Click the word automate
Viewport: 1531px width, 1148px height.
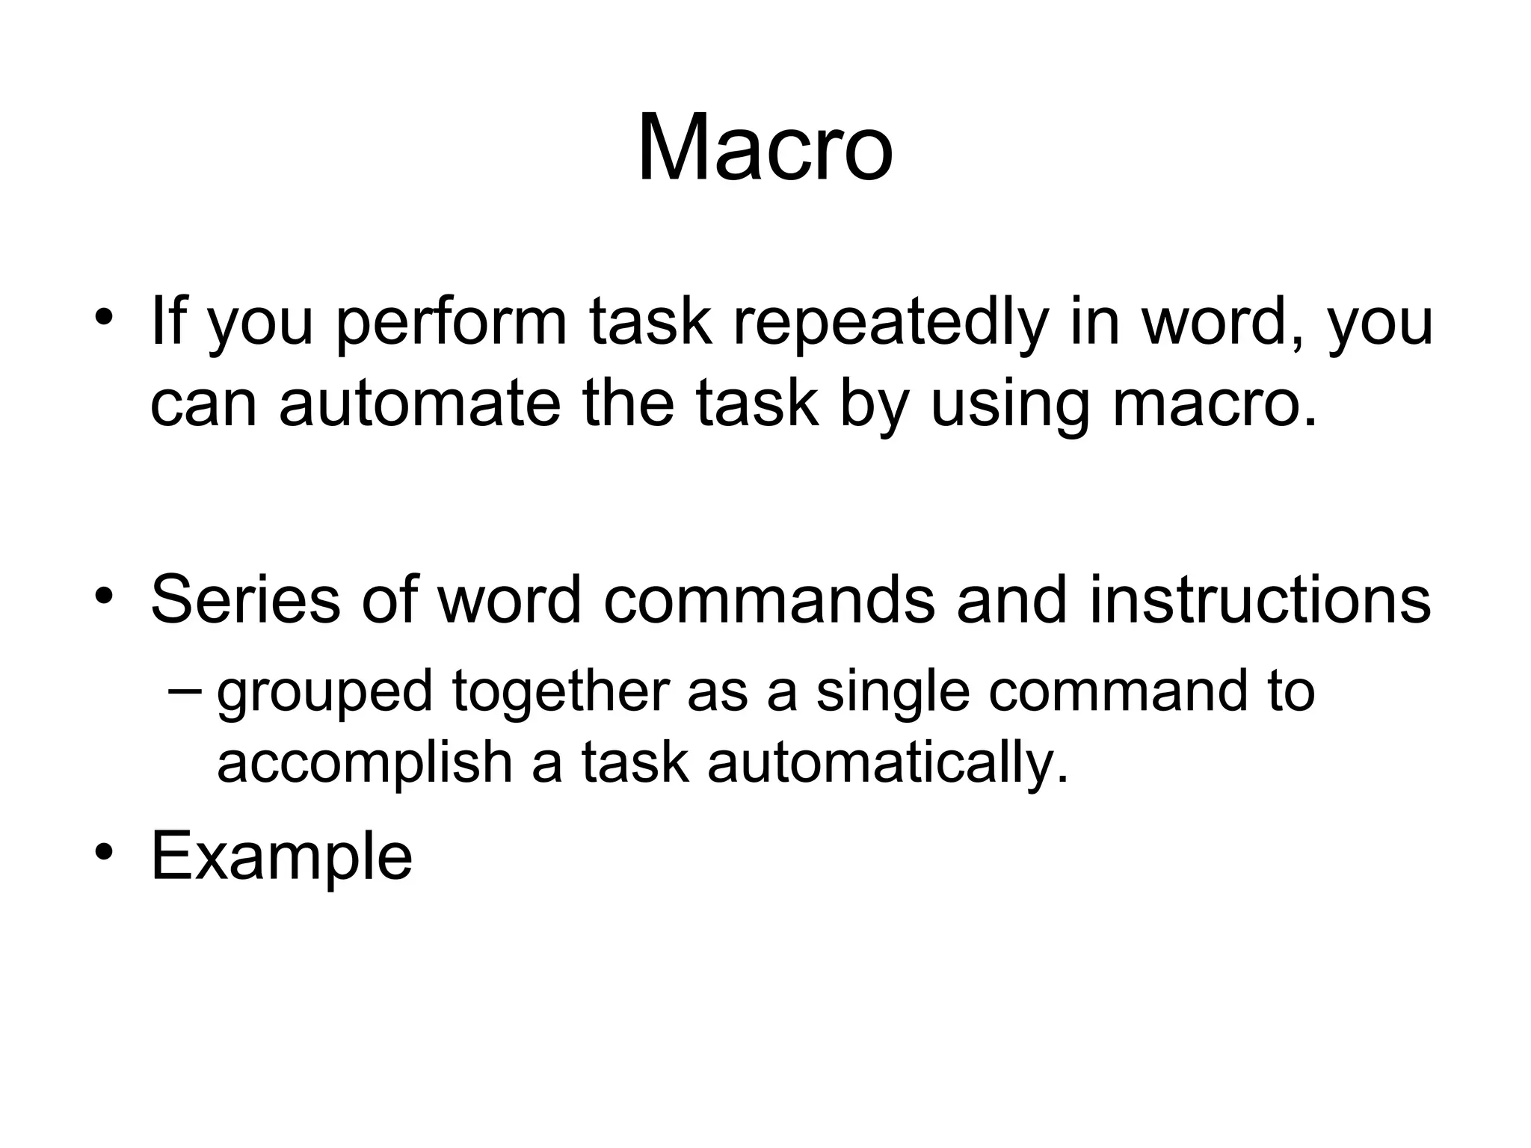(x=419, y=404)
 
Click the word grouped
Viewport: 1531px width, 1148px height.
(x=324, y=692)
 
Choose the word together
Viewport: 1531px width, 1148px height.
(x=560, y=692)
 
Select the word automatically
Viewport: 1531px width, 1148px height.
(x=887, y=764)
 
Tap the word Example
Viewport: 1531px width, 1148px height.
(x=281, y=857)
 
